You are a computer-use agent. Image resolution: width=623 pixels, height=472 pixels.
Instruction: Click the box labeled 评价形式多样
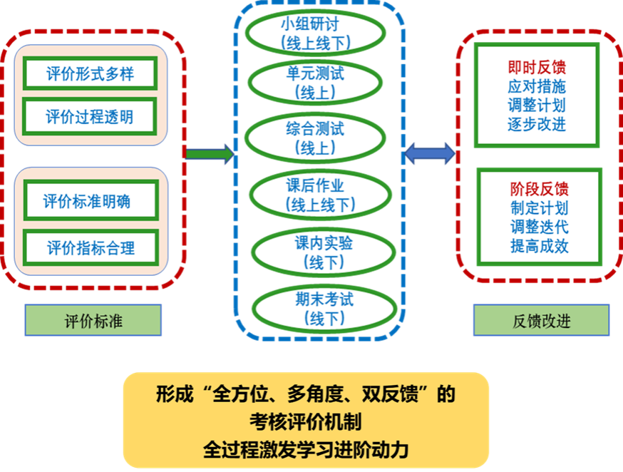coord(90,73)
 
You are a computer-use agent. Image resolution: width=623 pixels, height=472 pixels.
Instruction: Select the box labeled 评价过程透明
coord(90,116)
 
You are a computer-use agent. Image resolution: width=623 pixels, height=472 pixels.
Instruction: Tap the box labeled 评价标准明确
coord(90,202)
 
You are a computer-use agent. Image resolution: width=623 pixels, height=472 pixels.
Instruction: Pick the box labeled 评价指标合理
coord(90,247)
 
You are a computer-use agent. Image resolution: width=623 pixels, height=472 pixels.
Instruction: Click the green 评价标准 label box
coord(93,321)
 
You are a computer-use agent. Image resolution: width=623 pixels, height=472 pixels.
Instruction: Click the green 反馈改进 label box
coord(541,321)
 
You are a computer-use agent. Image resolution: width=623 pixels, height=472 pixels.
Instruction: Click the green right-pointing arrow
coord(209,153)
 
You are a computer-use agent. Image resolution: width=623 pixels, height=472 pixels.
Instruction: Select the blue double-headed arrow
coord(429,153)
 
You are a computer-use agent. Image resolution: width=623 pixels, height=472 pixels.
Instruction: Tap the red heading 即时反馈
coord(537,67)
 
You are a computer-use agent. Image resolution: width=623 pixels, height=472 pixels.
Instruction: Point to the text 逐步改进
coord(537,124)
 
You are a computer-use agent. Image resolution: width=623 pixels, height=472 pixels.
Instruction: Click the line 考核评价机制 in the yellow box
coord(306,422)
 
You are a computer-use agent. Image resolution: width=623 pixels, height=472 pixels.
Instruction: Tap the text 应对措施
coord(537,86)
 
